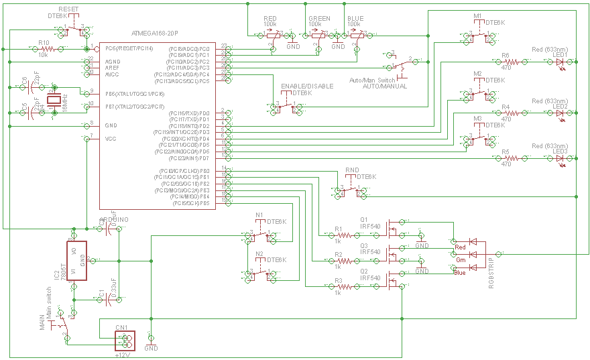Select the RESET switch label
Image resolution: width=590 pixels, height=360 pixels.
click(68, 9)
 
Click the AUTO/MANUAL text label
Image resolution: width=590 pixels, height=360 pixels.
click(384, 86)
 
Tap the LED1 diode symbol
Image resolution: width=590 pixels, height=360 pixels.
click(560, 61)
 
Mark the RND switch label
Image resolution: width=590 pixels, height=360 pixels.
click(352, 170)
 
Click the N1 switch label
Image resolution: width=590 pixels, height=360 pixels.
click(259, 215)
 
